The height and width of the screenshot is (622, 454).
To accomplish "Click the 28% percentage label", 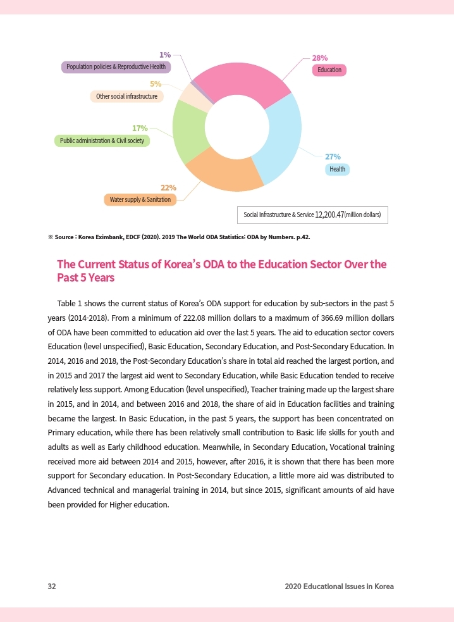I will coord(320,57).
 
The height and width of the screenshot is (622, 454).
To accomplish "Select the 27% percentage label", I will coord(333,156).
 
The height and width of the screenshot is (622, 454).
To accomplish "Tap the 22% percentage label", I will coord(168,188).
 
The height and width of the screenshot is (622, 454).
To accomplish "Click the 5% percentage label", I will coord(156,84).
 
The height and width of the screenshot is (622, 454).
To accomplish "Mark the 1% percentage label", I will coord(164,54).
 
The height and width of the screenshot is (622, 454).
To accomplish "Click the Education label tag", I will coord(329,70).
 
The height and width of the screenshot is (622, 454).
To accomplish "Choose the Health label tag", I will coord(337,169).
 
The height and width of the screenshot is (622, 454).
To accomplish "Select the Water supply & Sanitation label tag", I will coord(140,200).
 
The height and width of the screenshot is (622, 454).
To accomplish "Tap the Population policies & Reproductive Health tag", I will coord(116,66).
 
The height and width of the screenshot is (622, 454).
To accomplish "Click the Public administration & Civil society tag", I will coord(102,140).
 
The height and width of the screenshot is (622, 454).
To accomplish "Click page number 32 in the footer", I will coord(52,587).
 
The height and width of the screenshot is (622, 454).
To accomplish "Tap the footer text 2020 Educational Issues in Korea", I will coord(339,587).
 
